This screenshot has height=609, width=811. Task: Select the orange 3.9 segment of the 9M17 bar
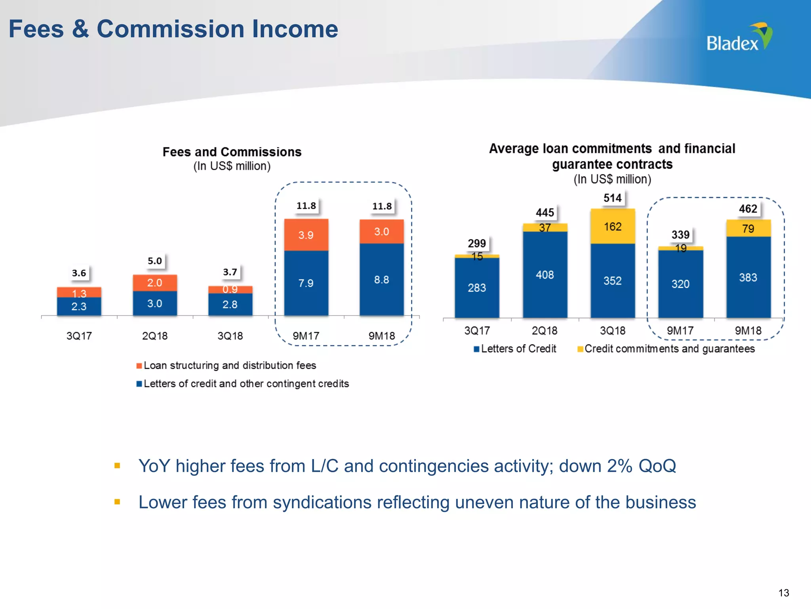(x=306, y=235)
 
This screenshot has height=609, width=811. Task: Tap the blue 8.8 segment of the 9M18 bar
(x=382, y=280)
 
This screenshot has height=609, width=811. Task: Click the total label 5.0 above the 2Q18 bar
(x=154, y=261)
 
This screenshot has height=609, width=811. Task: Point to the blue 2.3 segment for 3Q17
(x=79, y=306)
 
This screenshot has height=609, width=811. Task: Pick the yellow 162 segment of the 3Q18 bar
(x=613, y=227)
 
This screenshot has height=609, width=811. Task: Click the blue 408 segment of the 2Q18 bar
(x=545, y=275)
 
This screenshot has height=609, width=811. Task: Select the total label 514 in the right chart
(x=612, y=198)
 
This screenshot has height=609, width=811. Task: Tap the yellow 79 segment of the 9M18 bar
(x=748, y=228)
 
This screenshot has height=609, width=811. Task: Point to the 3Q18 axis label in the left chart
(x=230, y=336)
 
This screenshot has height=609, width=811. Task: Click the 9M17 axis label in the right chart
(x=680, y=331)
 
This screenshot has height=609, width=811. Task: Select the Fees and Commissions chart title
(x=232, y=152)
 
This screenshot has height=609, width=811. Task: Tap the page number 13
(x=783, y=593)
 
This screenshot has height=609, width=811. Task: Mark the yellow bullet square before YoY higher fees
(x=117, y=465)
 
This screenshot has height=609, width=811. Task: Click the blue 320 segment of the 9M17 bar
(x=680, y=284)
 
